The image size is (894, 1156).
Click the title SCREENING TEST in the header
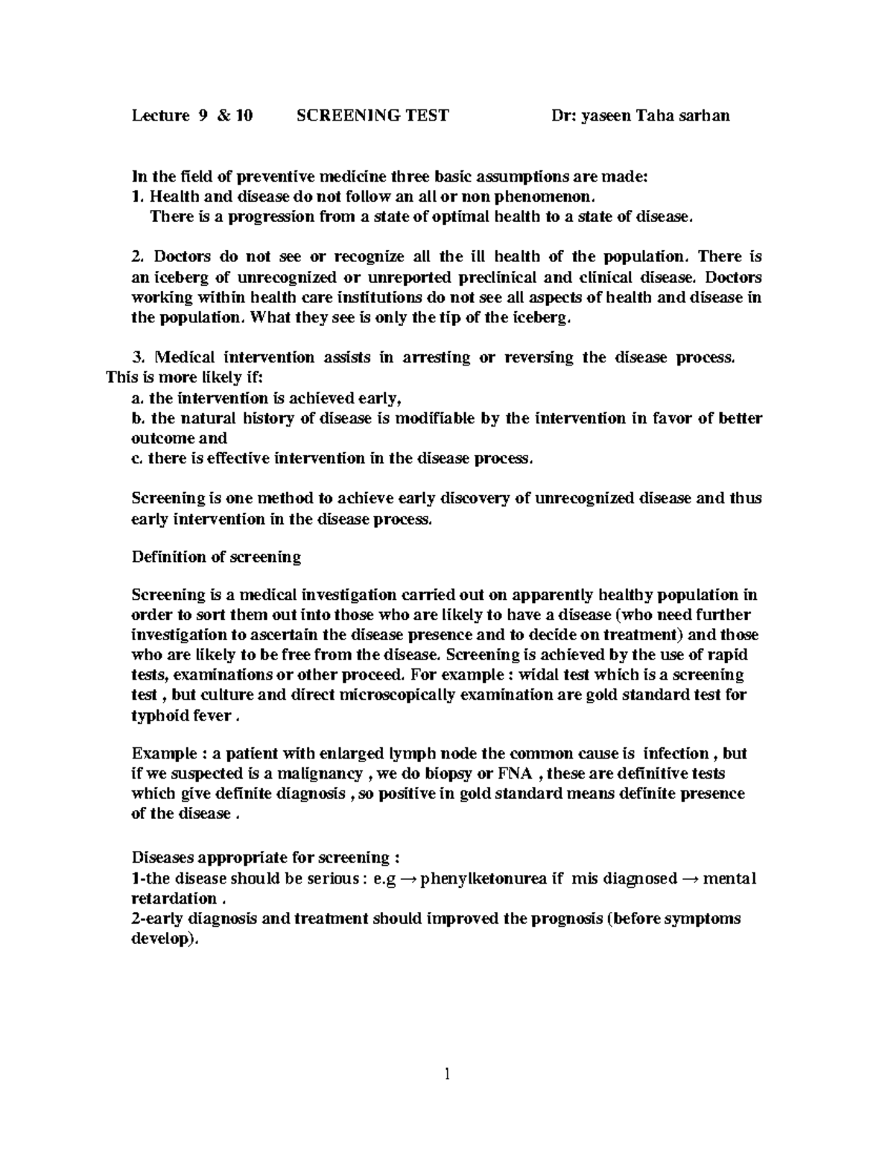coord(372,115)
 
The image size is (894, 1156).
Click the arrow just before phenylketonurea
coord(408,878)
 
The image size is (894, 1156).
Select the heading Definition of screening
coord(216,557)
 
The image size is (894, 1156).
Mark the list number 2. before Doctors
coord(136,257)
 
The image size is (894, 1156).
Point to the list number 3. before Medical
coord(136,357)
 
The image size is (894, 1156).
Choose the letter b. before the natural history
coord(136,418)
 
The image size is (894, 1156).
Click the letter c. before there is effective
coord(136,459)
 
